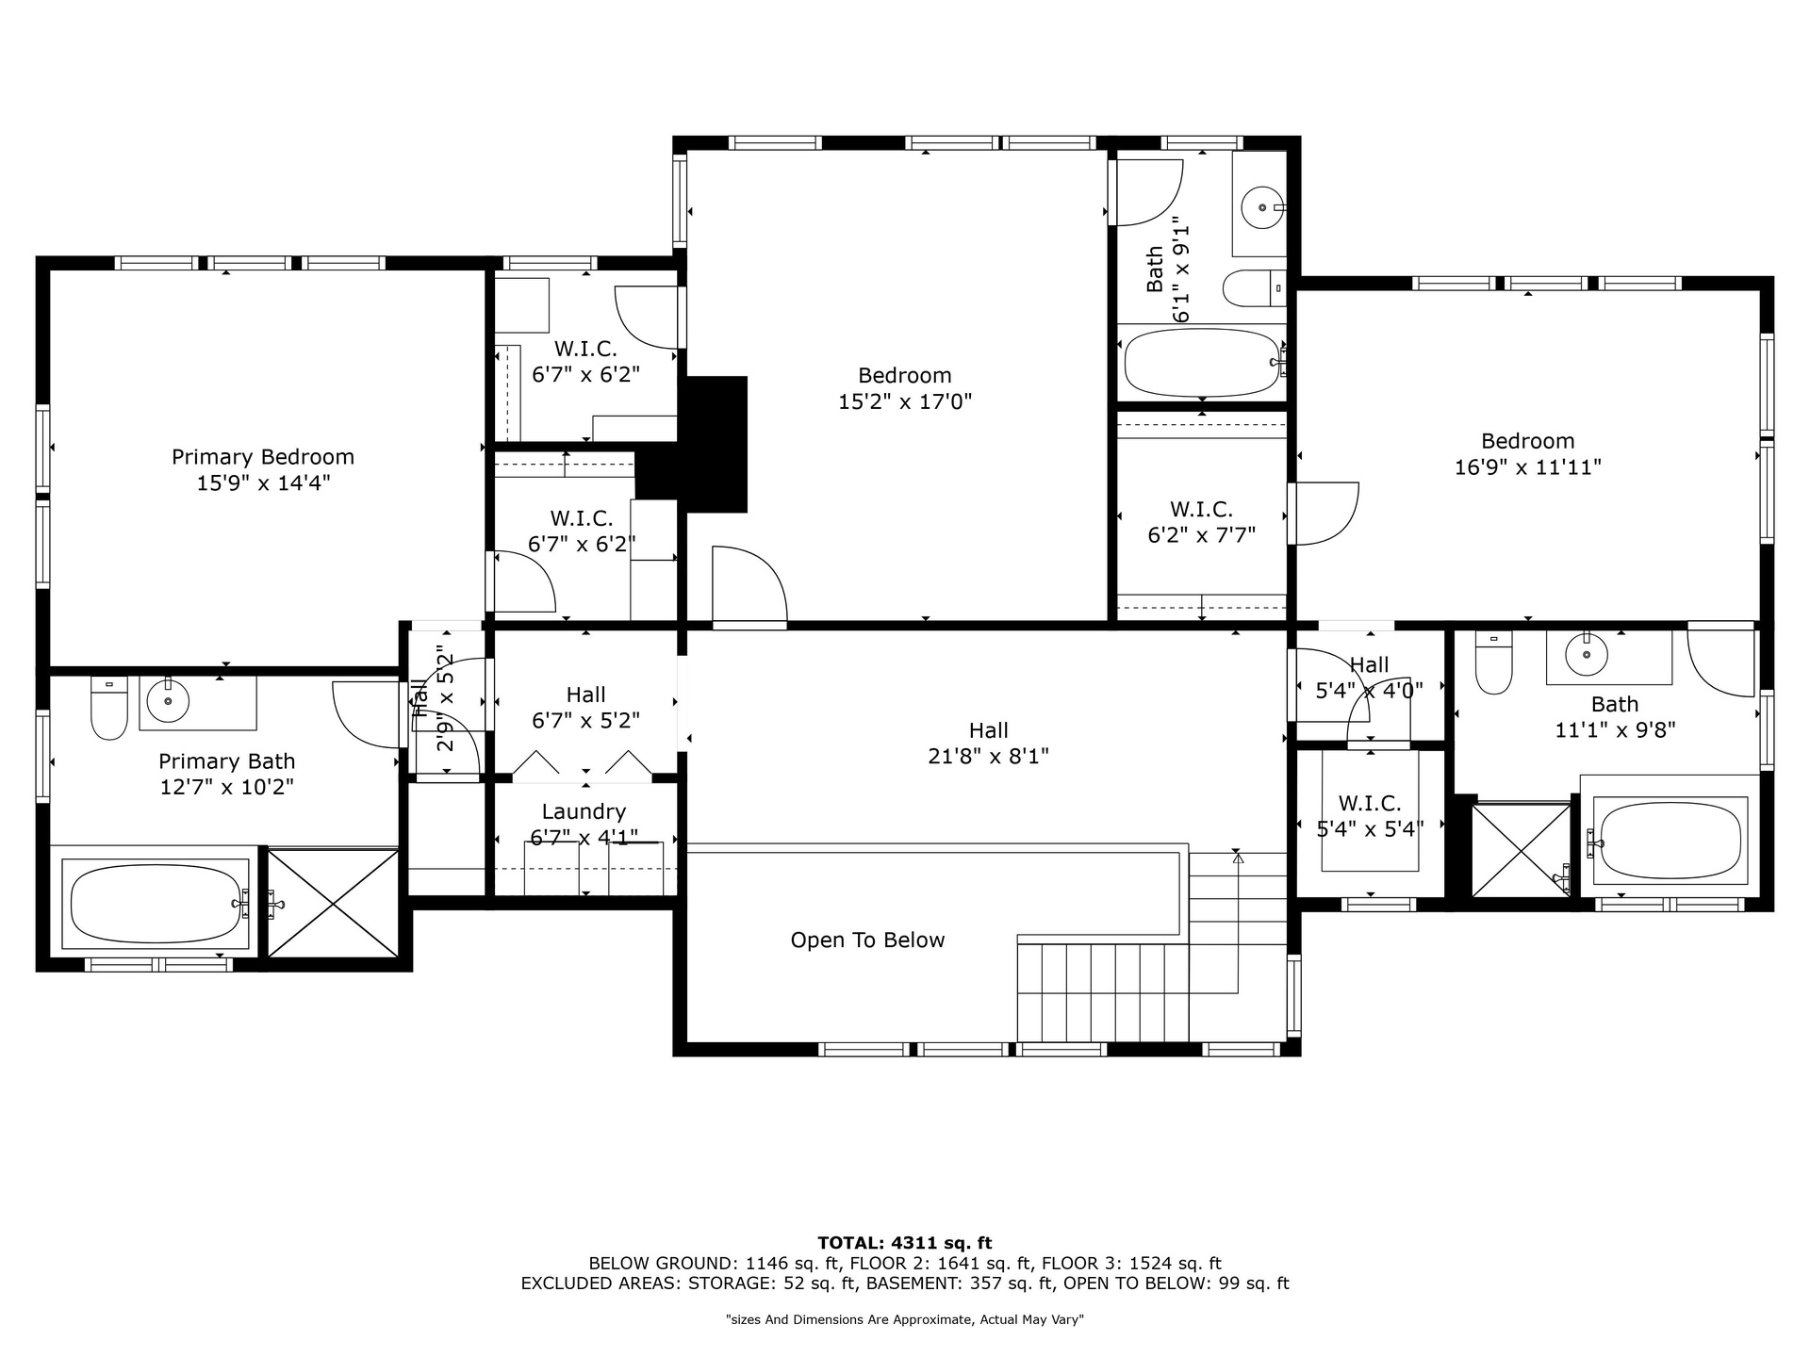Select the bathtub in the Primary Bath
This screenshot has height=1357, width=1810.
[x=156, y=903]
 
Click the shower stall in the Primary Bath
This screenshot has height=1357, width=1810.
[x=333, y=904]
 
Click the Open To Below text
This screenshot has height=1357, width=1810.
[x=867, y=940]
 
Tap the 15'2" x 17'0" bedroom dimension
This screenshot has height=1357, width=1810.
[x=905, y=402]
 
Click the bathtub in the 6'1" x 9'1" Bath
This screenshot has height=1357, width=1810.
[x=1203, y=363]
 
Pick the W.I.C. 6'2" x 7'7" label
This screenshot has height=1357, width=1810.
[x=1201, y=522]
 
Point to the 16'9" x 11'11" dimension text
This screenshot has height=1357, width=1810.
[x=1528, y=467]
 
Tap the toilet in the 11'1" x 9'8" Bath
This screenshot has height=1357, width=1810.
[x=1493, y=662]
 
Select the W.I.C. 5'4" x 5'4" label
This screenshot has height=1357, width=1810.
[x=1370, y=816]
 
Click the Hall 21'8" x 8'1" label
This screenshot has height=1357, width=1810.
[x=989, y=743]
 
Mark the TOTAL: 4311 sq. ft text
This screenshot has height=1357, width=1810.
[x=905, y=1243]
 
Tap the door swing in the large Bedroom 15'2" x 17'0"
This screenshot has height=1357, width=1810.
[x=749, y=585]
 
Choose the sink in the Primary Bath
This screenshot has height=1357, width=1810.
[x=168, y=700]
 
